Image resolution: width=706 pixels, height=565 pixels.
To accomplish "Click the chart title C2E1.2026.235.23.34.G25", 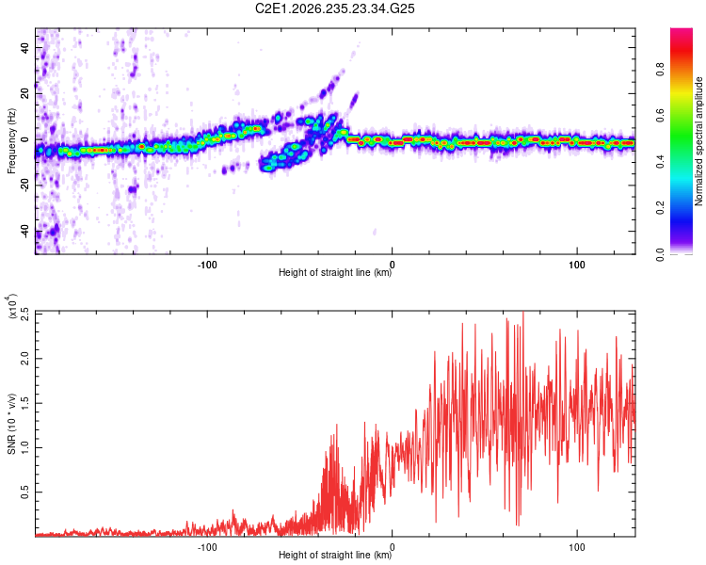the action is [x=334, y=8].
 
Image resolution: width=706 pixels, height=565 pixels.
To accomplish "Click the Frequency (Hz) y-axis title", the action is [x=11, y=141].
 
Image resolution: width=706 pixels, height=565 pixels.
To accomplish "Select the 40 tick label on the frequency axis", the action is [x=24, y=47].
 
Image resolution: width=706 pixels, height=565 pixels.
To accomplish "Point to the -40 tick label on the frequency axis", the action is [x=24, y=233].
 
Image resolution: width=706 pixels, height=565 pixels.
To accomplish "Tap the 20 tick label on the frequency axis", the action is [x=24, y=93].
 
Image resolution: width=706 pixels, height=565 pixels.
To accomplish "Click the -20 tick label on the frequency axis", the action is [x=24, y=186].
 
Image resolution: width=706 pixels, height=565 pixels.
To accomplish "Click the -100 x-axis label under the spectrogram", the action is [x=207, y=265].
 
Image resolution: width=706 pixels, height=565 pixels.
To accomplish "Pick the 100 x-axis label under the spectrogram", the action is [x=577, y=265].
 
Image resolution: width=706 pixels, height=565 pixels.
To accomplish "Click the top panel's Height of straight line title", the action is [x=335, y=272].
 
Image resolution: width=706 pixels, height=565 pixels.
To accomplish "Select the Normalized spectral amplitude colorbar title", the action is [x=698, y=141].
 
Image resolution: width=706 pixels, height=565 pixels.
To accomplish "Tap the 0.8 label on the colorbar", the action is [x=660, y=70].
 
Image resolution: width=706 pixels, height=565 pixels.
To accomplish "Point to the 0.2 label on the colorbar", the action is [x=660, y=208].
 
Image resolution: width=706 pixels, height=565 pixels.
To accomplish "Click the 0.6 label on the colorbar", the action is [x=660, y=116].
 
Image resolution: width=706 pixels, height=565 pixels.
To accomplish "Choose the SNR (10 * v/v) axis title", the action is [x=11, y=424].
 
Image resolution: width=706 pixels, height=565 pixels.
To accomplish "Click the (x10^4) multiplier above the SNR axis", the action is [x=11, y=306].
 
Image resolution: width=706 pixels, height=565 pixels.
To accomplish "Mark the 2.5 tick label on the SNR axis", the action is [x=24, y=314].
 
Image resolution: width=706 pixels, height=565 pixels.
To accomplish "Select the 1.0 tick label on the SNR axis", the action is [x=24, y=448].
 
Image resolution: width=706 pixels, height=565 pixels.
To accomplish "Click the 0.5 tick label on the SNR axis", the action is [x=24, y=492].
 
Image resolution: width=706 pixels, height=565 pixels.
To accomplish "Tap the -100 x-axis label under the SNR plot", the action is [x=207, y=547].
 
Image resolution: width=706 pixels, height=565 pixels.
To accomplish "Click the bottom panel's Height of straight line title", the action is [x=335, y=555].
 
